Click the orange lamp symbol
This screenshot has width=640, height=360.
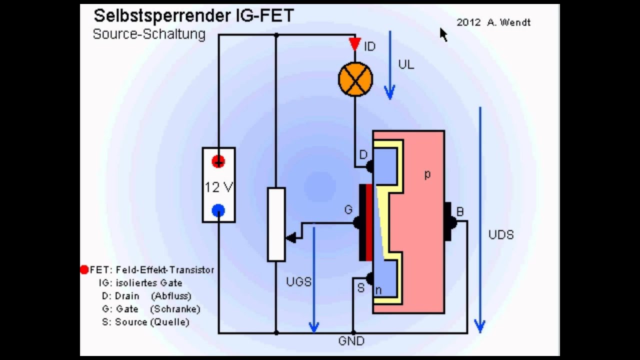[x=355, y=79]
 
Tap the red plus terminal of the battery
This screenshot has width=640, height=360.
[x=218, y=161]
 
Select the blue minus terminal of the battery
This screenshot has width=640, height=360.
[x=218, y=211]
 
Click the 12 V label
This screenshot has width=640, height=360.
[x=218, y=187]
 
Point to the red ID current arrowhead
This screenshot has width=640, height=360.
[x=355, y=44]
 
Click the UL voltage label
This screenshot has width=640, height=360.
[x=406, y=65]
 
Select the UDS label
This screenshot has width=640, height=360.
[x=501, y=235]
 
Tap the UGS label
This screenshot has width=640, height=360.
[x=298, y=282]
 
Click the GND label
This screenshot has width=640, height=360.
[x=351, y=341]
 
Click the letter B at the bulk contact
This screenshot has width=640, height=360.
[x=460, y=212]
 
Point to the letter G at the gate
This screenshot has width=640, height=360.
[x=348, y=210]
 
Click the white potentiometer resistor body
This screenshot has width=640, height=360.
[x=276, y=224]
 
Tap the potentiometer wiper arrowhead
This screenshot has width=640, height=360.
[x=289, y=239]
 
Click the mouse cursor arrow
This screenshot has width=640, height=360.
[x=443, y=34]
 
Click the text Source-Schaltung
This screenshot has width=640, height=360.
[x=149, y=34]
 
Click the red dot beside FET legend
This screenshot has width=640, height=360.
[x=84, y=270]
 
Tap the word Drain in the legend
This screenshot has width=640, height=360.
[x=127, y=296]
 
